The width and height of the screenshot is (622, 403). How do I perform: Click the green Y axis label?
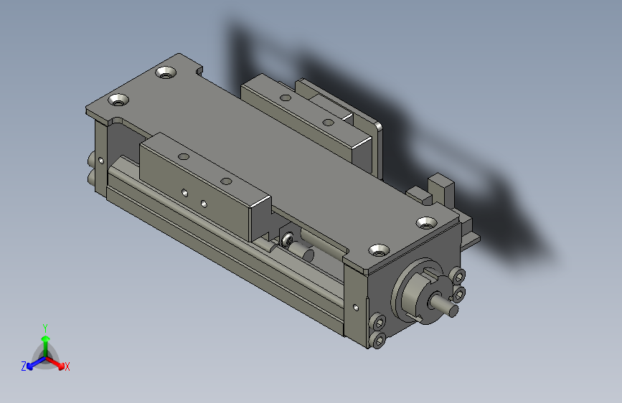click(x=45, y=326)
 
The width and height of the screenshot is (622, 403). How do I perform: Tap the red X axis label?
click(x=67, y=366)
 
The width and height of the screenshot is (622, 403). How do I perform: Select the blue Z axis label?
click(x=24, y=366)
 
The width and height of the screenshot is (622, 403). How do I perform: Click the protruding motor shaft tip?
click(x=454, y=310)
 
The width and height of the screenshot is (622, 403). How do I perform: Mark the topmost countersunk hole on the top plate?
click(x=166, y=72)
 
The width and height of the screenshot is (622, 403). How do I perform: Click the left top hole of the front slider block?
click(x=184, y=156)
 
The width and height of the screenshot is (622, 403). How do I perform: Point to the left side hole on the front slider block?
click(x=184, y=192)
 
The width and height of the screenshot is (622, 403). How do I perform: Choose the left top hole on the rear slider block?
click(x=285, y=97)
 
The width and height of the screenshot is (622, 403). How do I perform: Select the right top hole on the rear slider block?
click(x=329, y=121)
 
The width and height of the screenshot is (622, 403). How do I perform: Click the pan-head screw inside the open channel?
click(x=288, y=239)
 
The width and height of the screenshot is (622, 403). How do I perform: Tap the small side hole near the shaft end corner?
click(x=355, y=308)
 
